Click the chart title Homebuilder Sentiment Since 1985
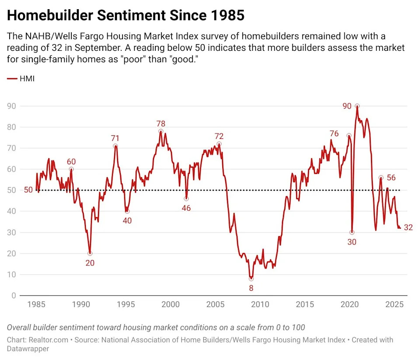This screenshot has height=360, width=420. [126, 15]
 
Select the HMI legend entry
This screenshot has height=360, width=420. [21, 79]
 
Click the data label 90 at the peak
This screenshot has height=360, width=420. [347, 106]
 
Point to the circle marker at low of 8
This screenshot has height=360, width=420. [251, 279]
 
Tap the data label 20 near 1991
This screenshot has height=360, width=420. [90, 263]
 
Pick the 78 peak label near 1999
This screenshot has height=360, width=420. [161, 124]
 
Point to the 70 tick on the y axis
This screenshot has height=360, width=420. [12, 148]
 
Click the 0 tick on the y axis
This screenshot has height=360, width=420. [14, 296]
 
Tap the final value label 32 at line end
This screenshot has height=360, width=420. [409, 227]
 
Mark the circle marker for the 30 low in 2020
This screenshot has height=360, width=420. [352, 233]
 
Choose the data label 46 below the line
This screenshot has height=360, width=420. [186, 208]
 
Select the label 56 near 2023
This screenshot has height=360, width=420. [391, 178]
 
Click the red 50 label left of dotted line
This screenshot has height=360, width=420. [28, 190]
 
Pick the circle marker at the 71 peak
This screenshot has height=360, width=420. [115, 146]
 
